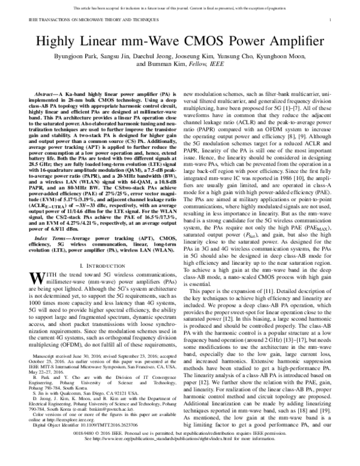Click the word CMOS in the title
coord(204,43)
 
